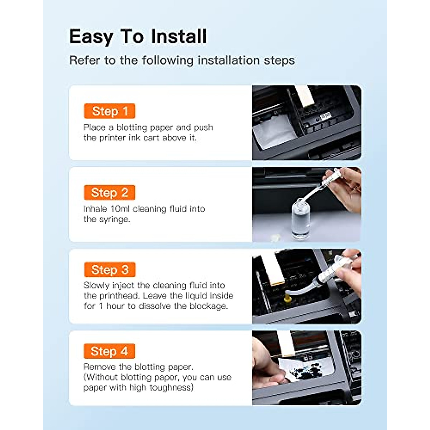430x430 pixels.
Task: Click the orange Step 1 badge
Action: point(110,111)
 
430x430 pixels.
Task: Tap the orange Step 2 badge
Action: point(110,193)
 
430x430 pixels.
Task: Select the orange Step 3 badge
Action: point(110,270)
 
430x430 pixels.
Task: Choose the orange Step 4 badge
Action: point(109,351)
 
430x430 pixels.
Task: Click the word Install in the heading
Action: point(179,37)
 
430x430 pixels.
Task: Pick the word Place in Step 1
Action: point(94,128)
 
